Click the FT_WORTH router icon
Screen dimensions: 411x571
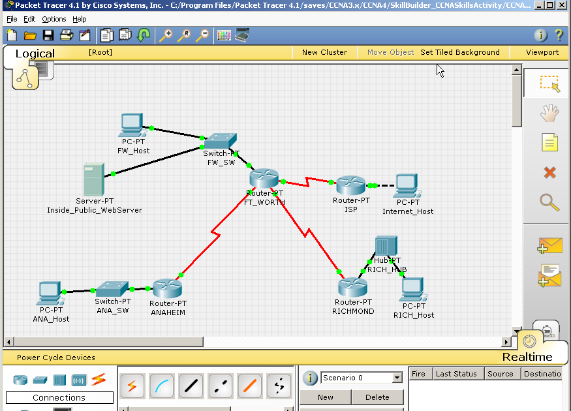tap(264, 178)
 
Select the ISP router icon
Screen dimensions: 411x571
tap(351, 185)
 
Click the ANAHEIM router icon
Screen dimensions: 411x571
tap(168, 288)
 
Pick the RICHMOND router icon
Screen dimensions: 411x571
tap(353, 287)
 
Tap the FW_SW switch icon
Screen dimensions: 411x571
tap(220, 141)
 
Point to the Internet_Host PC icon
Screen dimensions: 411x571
tap(407, 186)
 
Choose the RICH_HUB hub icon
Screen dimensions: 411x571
tap(382, 247)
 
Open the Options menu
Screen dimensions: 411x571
tap(54, 19)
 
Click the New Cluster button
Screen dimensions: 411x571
tap(324, 52)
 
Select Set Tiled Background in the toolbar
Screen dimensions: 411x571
tap(460, 52)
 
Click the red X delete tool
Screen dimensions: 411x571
tap(549, 172)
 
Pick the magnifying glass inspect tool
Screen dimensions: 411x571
tap(549, 202)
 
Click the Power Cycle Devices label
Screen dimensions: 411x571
tap(56, 358)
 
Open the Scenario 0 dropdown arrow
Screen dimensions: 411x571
tap(397, 378)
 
